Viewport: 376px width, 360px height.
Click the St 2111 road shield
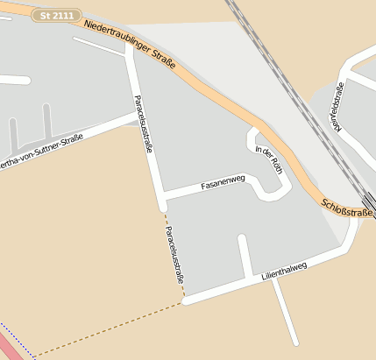pos(58,16)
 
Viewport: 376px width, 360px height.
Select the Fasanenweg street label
pos(222,185)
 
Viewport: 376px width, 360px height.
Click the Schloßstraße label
pos(348,207)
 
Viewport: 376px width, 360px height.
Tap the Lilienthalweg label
pos(284,271)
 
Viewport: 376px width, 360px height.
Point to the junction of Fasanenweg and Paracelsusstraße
pos(161,196)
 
